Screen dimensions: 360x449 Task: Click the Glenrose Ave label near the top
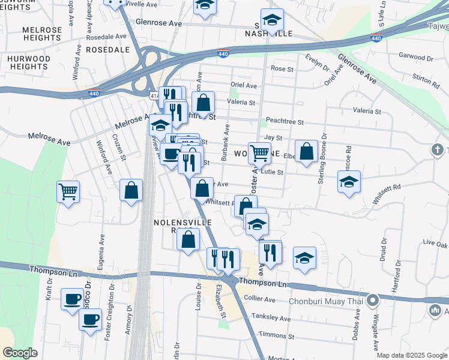158,23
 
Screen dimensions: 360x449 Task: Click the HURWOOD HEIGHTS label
29,62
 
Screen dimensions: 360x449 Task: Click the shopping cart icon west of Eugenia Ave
68,192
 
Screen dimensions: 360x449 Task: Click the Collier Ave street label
260,299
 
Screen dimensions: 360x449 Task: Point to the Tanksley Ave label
265,317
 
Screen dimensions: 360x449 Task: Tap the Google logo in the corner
20,353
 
